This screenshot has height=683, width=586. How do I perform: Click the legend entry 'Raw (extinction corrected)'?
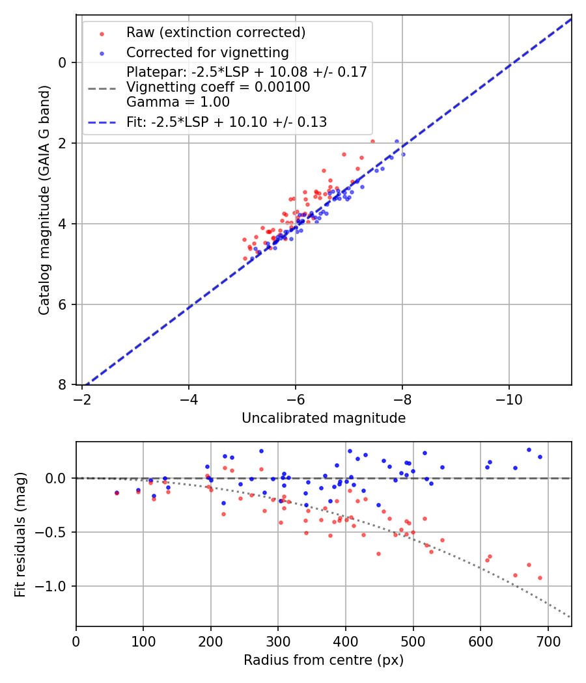[216, 33]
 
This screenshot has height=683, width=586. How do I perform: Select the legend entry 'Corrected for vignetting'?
[207, 52]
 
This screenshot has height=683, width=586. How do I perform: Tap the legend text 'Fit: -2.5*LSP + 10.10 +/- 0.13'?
[227, 122]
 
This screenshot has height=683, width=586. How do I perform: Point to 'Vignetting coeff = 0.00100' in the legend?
[218, 87]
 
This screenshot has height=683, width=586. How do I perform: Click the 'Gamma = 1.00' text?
[178, 101]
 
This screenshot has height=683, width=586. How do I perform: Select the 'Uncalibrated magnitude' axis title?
[324, 418]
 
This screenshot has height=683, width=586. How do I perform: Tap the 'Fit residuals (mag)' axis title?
[21, 534]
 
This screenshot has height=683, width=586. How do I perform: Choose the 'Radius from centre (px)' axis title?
[324, 660]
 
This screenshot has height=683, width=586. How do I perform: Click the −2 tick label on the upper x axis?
[82, 399]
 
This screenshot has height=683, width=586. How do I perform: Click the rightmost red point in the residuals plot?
[540, 578]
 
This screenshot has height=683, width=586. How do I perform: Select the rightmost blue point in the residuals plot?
[540, 457]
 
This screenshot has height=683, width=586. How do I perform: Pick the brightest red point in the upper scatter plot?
[372, 141]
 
